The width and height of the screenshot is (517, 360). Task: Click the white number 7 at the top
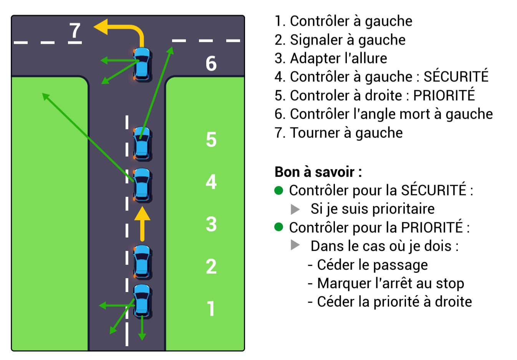[75, 30]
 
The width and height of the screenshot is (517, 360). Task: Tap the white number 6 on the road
[211, 63]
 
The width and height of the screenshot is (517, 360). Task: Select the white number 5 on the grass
[211, 139]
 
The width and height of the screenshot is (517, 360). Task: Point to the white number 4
[211, 182]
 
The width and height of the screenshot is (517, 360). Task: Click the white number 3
[211, 224]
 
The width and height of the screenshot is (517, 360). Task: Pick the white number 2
[211, 266]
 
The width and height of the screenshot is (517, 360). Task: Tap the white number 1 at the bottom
[211, 308]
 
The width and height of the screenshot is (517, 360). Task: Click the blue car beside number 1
[142, 301]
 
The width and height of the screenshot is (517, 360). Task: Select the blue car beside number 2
[142, 262]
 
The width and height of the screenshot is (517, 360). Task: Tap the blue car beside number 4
[142, 185]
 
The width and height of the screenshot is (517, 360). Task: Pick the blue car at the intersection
[143, 64]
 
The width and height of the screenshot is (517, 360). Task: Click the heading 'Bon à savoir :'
[318, 172]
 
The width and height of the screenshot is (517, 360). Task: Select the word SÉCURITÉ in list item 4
[456, 76]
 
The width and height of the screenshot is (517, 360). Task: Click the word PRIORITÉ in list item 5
[444, 95]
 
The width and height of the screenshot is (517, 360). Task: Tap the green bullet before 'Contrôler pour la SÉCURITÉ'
[279, 190]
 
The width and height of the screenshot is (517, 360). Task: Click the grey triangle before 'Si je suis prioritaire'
[295, 209]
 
